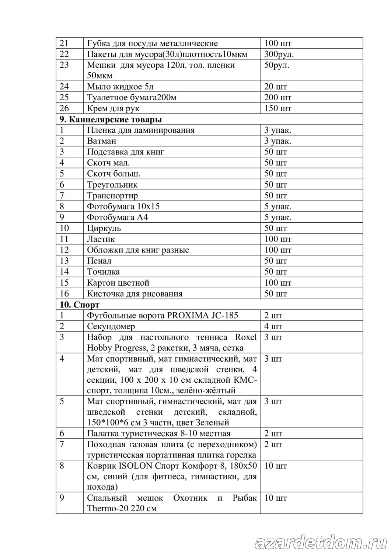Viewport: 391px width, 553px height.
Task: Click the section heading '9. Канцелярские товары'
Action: [111, 119]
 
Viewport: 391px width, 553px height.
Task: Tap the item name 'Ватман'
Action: [102, 141]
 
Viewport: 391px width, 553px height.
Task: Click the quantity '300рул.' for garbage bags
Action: [279, 55]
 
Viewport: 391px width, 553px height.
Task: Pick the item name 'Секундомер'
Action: [111, 327]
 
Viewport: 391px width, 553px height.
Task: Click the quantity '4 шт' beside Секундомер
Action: [273, 327]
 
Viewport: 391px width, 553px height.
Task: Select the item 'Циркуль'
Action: [104, 228]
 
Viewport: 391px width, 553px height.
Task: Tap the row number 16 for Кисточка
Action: [64, 294]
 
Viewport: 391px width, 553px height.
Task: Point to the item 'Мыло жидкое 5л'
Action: [120, 87]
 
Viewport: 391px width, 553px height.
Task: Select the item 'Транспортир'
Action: [112, 196]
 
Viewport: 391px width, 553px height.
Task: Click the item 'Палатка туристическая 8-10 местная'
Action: [159, 434]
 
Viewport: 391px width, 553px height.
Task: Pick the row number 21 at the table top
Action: [64, 44]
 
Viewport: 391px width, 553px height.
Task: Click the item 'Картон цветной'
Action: [118, 283]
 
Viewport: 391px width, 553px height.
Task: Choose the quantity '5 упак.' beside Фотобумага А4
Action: [278, 218]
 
